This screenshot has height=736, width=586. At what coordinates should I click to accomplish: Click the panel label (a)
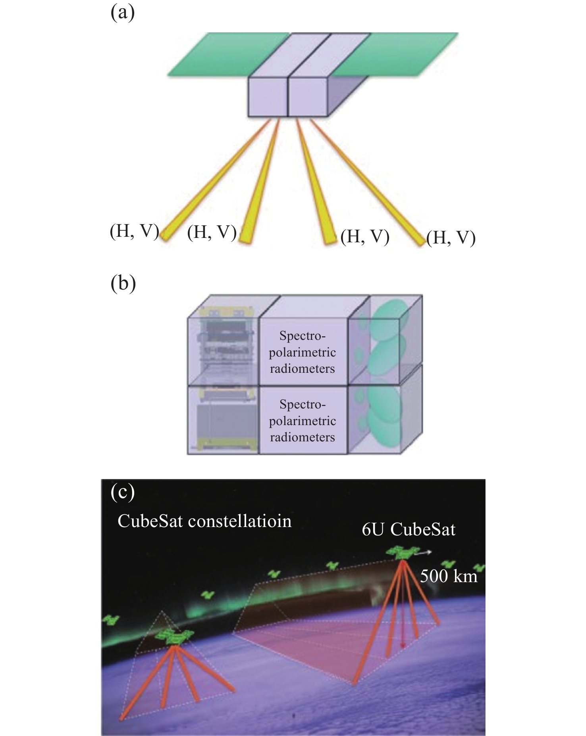pos(123,13)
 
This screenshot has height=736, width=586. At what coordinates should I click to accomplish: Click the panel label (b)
pos(123,284)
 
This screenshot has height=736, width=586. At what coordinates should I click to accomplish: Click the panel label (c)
pos(123,492)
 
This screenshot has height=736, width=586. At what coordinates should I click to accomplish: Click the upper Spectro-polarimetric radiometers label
pos(303,352)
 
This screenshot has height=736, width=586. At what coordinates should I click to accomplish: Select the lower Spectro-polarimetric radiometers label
pos(303,421)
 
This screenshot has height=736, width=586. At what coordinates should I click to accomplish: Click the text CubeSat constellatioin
pos(204,521)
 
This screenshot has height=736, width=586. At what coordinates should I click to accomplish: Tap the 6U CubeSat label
pos(409,529)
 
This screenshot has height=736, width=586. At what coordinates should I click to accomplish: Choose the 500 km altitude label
pos(449,576)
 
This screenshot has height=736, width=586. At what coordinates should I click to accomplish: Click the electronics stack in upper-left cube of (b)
pos(223,341)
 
